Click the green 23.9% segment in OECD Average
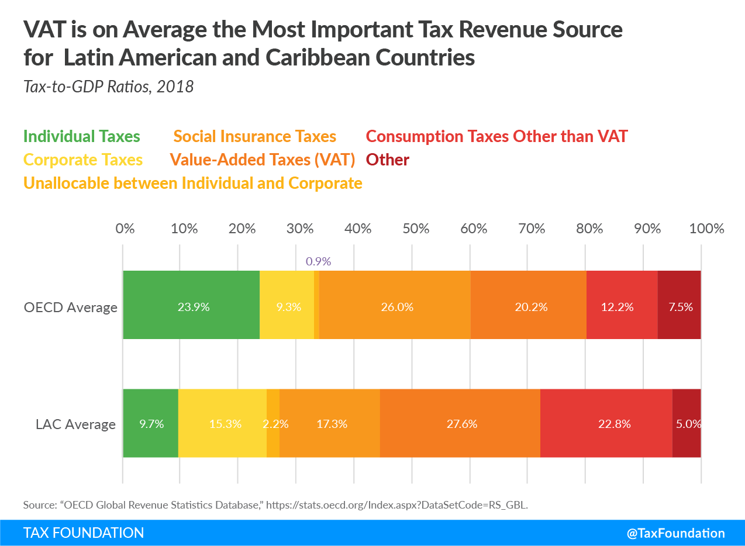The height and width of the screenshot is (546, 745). pyautogui.click(x=191, y=305)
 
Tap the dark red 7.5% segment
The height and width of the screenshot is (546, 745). pyautogui.click(x=680, y=305)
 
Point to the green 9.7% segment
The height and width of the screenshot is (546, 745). pyautogui.click(x=150, y=423)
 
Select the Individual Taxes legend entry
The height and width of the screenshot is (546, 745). pyautogui.click(x=82, y=137)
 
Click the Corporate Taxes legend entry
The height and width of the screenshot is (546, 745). pyautogui.click(x=83, y=160)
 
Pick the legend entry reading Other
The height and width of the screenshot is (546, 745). pyautogui.click(x=388, y=160)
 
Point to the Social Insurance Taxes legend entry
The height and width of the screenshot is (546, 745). pyautogui.click(x=255, y=137)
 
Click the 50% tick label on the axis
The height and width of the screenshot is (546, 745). pyautogui.click(x=416, y=228)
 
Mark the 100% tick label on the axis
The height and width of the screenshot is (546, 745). pyautogui.click(x=706, y=228)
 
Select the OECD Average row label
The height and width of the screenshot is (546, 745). pyautogui.click(x=71, y=307)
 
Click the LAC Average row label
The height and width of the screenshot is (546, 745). pyautogui.click(x=76, y=424)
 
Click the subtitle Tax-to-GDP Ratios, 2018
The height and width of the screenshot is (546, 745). pyautogui.click(x=108, y=87)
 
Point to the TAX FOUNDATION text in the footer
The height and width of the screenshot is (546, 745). pyautogui.click(x=84, y=533)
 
